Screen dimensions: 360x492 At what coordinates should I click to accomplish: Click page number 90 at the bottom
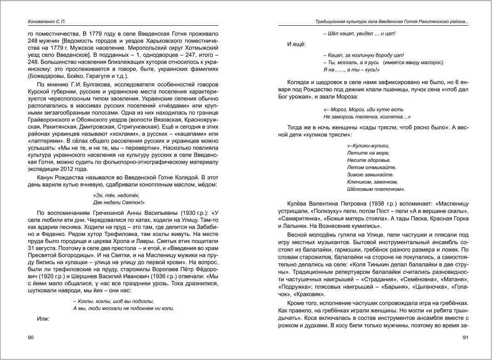click(x=31, y=338)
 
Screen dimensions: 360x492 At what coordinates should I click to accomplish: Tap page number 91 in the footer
click(x=465, y=338)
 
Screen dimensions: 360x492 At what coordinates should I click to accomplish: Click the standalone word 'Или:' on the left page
click(x=43, y=319)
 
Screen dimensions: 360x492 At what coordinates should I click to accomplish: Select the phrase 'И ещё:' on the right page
click(x=295, y=44)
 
